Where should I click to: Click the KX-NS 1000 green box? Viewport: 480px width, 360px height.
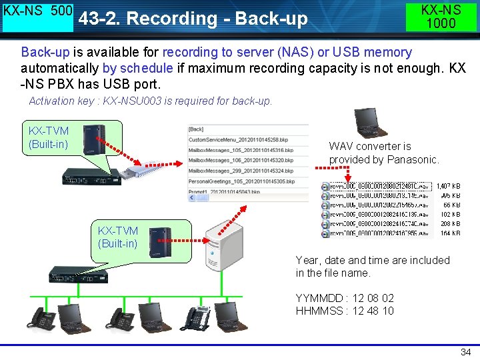tap(441, 16)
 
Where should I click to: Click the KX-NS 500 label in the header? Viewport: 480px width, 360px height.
tap(37, 12)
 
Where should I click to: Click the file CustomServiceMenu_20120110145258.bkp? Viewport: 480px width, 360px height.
tap(240, 140)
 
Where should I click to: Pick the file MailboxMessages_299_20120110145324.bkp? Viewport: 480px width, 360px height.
tap(241, 171)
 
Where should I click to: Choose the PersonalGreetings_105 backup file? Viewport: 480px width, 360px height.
tap(241, 181)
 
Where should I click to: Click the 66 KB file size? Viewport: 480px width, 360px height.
tap(451, 205)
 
